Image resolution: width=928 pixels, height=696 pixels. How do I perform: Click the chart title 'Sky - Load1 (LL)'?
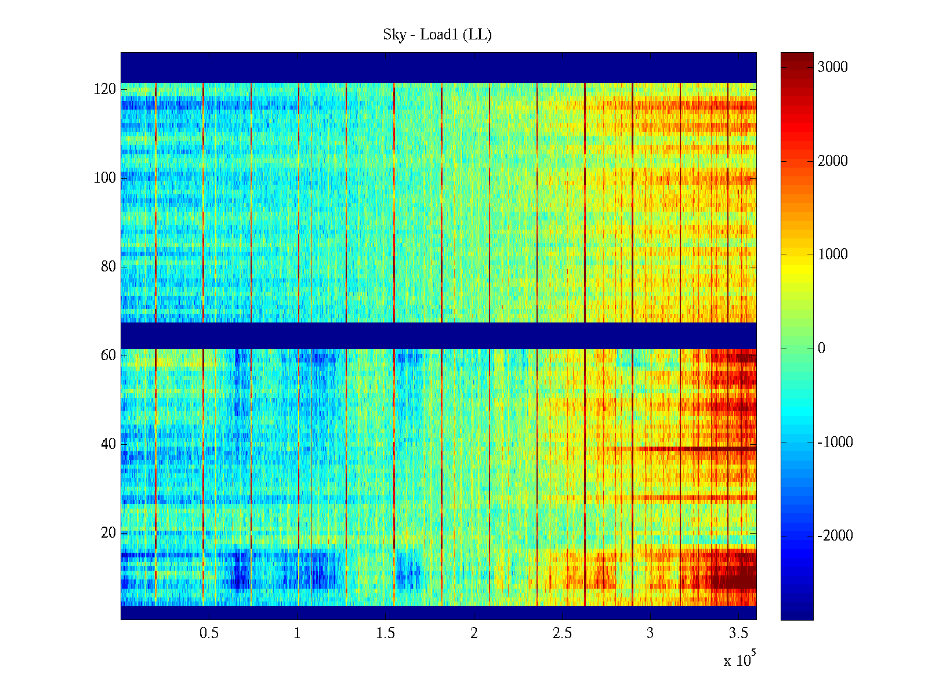pyautogui.click(x=437, y=35)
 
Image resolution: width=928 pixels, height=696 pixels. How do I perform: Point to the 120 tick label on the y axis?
pyautogui.click(x=105, y=89)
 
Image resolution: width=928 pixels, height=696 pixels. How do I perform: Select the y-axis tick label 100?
pyautogui.click(x=105, y=178)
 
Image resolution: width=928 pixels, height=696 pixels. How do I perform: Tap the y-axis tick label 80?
pyautogui.click(x=108, y=267)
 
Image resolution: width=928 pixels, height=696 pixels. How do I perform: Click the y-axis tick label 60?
pyautogui.click(x=108, y=356)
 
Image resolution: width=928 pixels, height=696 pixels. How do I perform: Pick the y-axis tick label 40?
pyautogui.click(x=108, y=444)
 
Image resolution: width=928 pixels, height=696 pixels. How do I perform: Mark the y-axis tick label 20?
pyautogui.click(x=108, y=533)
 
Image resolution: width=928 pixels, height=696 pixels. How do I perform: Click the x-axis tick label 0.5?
pyautogui.click(x=209, y=633)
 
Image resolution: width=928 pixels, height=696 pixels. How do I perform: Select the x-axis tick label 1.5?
pyautogui.click(x=386, y=633)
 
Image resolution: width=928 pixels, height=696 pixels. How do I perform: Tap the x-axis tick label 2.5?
pyautogui.click(x=562, y=633)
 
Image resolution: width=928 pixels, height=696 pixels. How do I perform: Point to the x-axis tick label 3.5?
pyautogui.click(x=738, y=633)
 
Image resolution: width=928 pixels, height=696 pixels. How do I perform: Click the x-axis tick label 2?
pyautogui.click(x=474, y=633)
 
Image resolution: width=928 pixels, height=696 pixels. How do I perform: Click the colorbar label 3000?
pyautogui.click(x=833, y=67)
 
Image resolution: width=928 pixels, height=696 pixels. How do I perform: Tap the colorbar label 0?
pyautogui.click(x=821, y=349)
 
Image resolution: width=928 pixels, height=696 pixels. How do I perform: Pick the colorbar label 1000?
pyautogui.click(x=833, y=255)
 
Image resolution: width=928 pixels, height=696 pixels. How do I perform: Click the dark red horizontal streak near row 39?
pyautogui.click(x=696, y=449)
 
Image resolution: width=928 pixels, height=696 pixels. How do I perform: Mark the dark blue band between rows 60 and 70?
pyautogui.click(x=438, y=335)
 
